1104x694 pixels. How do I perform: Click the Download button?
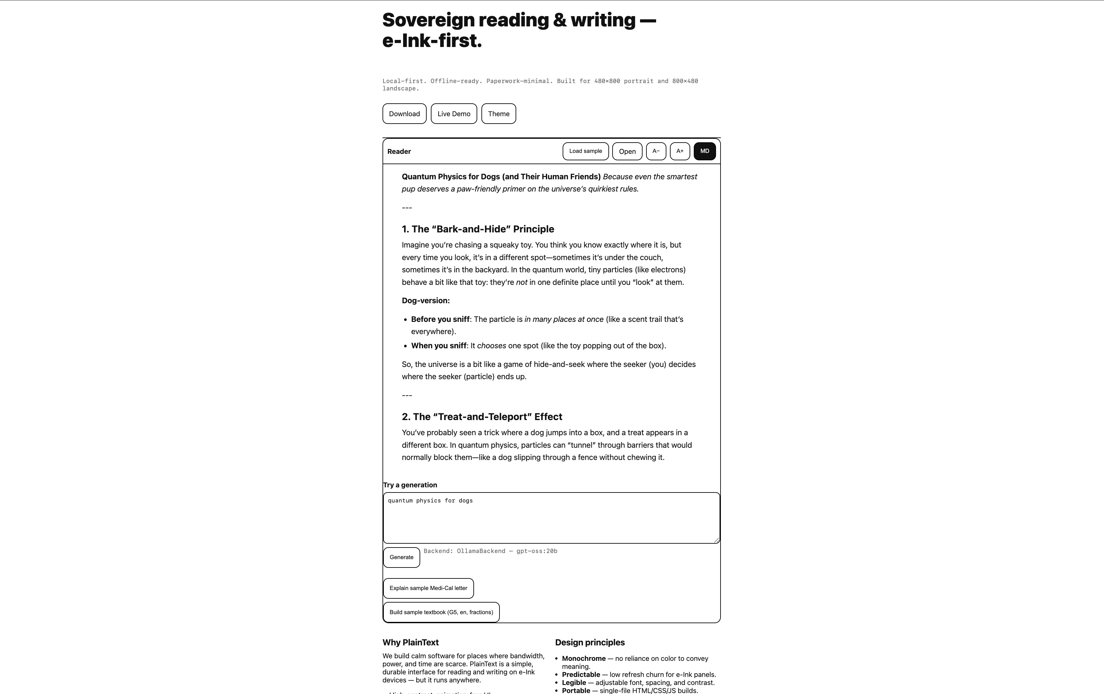[404, 114]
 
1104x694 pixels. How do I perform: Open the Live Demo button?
[453, 114]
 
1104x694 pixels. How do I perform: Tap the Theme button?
[499, 114]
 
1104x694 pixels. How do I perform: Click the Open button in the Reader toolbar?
[627, 151]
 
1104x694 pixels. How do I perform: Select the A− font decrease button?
[656, 151]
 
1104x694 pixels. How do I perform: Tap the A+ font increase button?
[680, 151]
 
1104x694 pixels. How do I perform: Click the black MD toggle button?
[704, 151]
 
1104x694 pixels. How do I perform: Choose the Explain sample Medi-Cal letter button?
[428, 588]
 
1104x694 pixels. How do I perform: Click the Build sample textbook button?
[441, 613]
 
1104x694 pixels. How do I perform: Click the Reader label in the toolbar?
[399, 152]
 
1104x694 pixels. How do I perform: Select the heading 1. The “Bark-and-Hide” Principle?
[478, 229]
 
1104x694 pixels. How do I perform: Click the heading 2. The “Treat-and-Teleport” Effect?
[482, 417]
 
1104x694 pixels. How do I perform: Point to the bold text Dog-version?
[425, 301]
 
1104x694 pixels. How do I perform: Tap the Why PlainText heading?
[410, 642]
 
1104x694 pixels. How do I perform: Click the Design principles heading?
[590, 642]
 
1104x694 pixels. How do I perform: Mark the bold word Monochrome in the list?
[584, 658]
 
